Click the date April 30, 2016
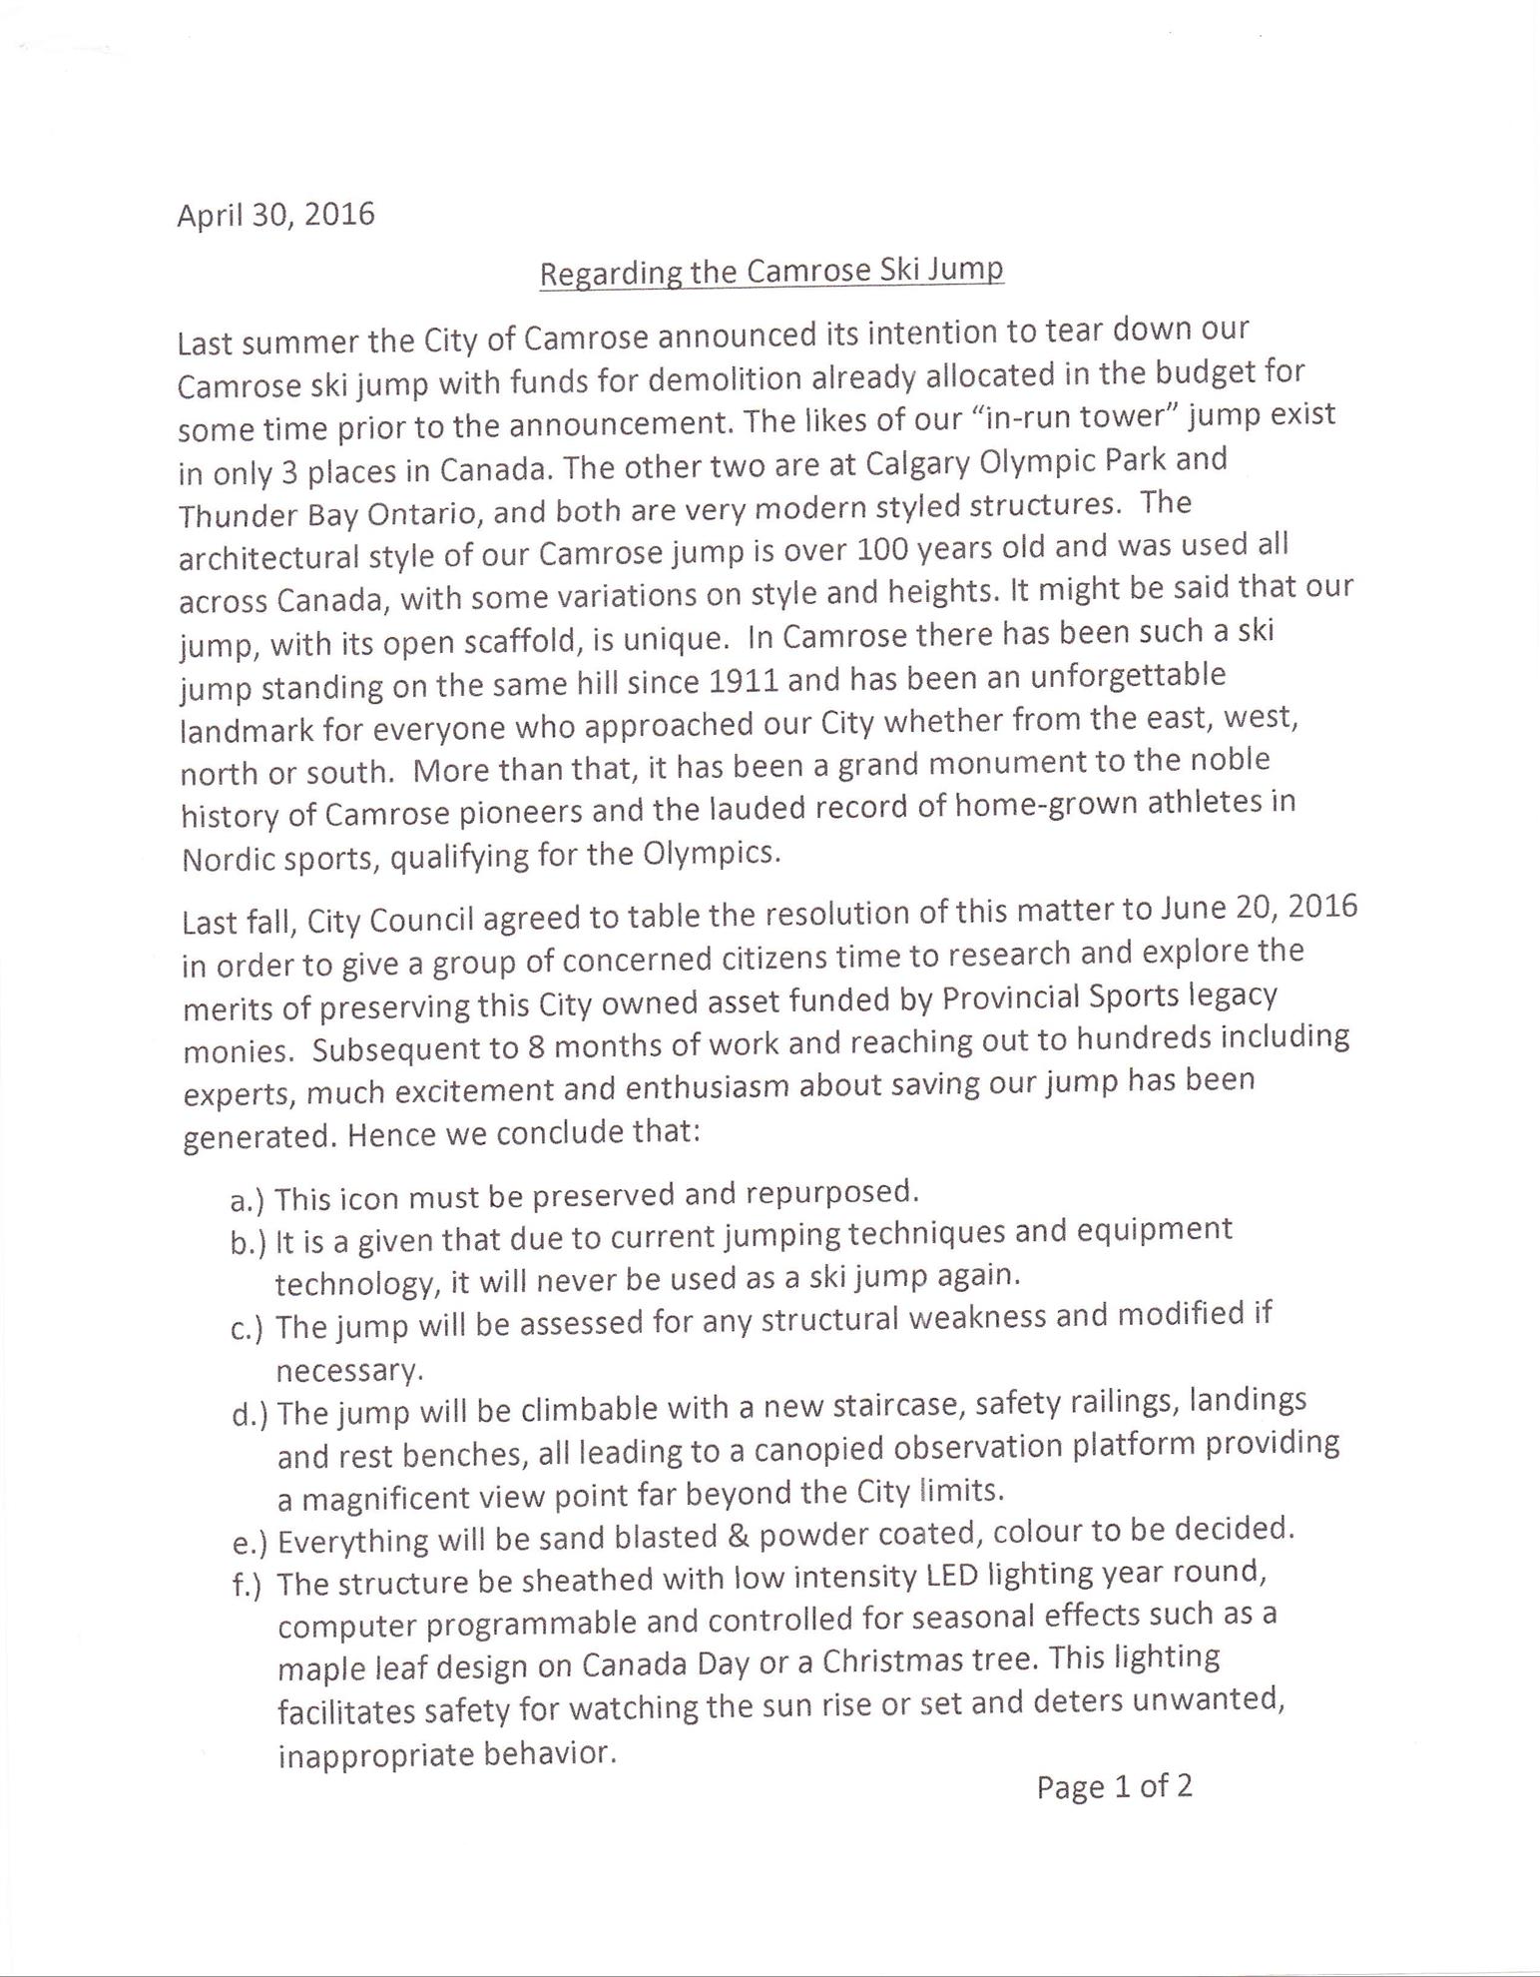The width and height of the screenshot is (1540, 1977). coord(275,214)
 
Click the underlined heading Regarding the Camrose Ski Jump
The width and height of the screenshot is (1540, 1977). coord(770,272)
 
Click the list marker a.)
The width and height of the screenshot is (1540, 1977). coord(247,1199)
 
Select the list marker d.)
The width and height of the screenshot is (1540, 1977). coord(250,1415)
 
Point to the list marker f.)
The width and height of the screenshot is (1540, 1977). coord(247,1586)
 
